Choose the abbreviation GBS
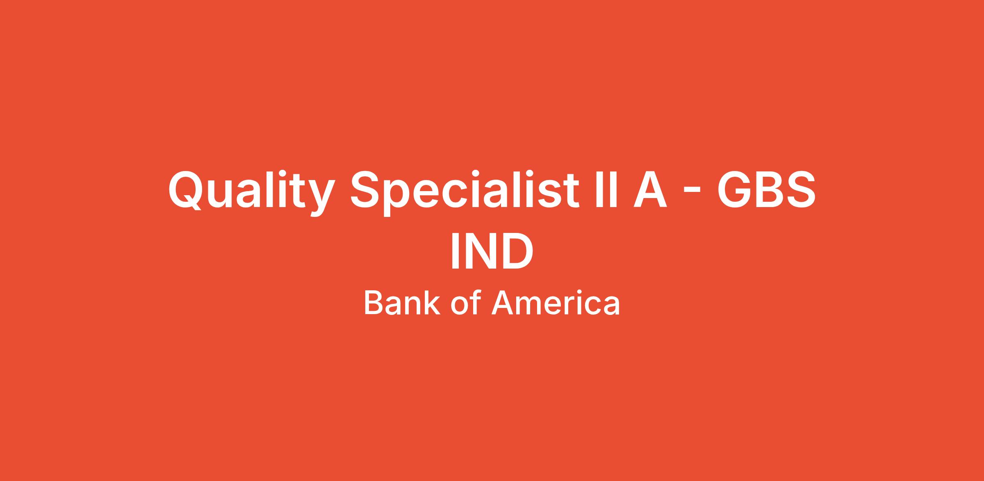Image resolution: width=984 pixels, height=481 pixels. (x=765, y=189)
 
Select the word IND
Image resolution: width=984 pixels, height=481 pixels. (x=492, y=251)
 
